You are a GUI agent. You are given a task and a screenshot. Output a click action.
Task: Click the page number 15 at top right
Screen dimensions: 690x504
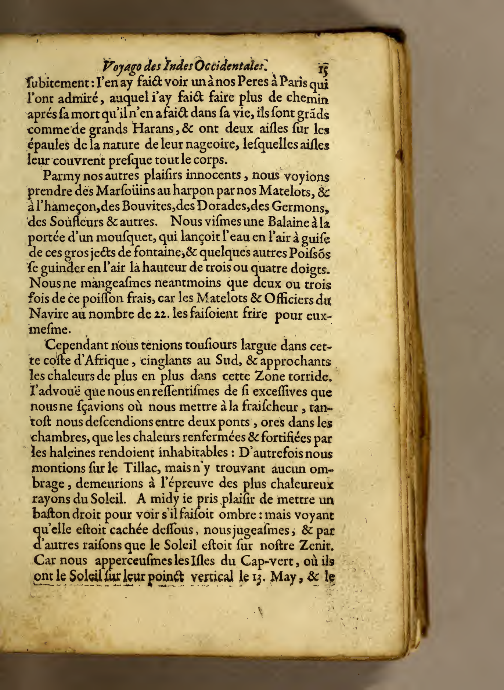323,69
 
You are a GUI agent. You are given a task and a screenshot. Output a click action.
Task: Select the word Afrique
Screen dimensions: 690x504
106,361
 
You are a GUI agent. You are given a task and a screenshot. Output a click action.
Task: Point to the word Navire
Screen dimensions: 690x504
48,315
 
